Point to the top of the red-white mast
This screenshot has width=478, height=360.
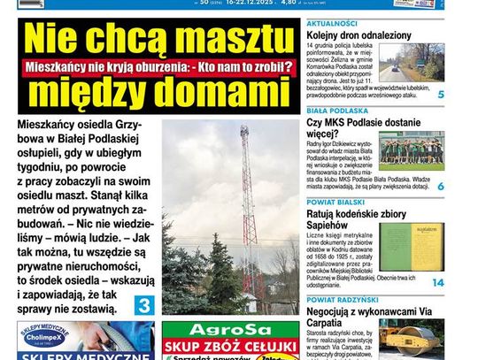pyautogui.click(x=243, y=130)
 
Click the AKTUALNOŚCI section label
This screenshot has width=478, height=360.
pyautogui.click(x=331, y=23)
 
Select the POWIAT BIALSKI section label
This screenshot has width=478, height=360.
pyautogui.click(x=334, y=203)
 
